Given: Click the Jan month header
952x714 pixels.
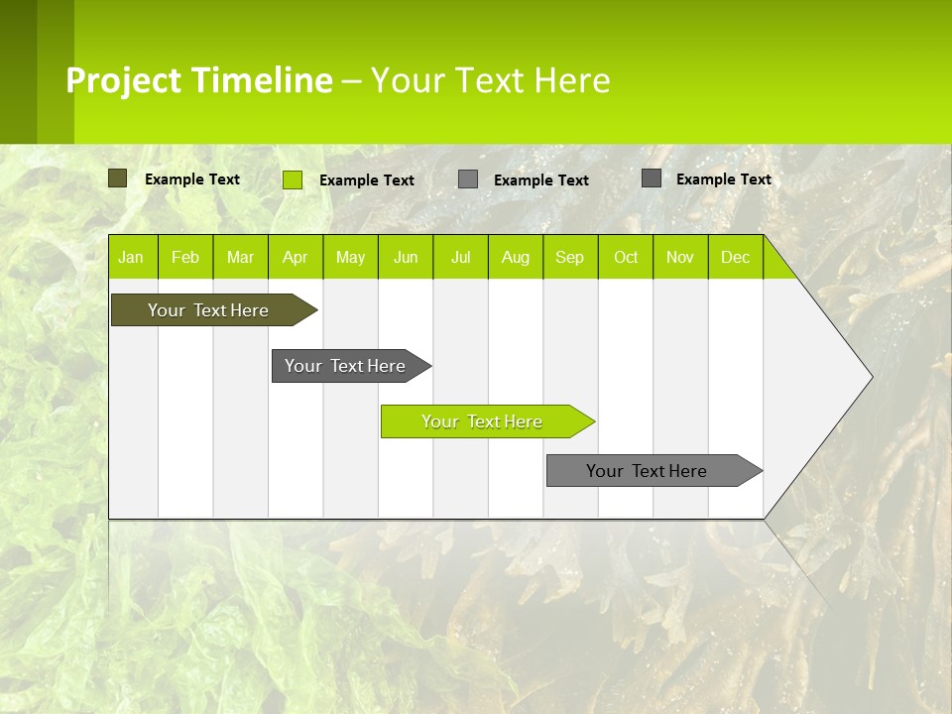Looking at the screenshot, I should (131, 257).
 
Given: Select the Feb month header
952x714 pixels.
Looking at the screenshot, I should (185, 257).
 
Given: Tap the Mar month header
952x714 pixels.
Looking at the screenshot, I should (240, 257).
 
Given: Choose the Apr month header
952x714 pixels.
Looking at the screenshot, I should (295, 257).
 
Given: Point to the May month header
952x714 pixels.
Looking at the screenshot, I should (350, 257).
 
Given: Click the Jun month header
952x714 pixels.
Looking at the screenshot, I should (406, 257).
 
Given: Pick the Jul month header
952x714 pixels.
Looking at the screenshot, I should (460, 257).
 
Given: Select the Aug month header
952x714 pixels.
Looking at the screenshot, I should (516, 257).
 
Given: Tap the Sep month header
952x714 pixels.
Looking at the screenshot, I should (570, 257).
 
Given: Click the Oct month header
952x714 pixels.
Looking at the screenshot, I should (626, 257).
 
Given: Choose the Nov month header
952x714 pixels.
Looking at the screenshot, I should (680, 257).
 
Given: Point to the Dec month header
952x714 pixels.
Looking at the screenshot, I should (735, 257).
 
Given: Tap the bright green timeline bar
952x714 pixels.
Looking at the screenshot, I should (483, 421).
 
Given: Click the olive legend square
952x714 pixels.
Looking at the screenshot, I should (118, 178).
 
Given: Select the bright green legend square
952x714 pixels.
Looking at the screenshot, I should (293, 179).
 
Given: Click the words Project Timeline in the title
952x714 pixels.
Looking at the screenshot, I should (199, 80).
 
